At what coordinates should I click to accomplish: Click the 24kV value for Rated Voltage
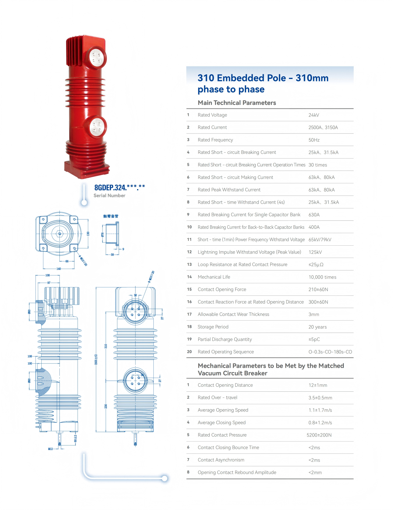pos(314,115)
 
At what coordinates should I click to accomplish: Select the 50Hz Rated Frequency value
pos(314,140)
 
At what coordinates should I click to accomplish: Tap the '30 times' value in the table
pos(318,165)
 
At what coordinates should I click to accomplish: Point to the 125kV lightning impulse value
pos(315,252)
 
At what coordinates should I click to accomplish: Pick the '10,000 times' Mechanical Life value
pos(323,277)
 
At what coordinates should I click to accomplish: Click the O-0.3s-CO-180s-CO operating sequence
pos(330,352)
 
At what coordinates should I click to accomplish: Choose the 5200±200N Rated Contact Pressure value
pos(319,435)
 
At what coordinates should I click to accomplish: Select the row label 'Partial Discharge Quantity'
pos(225,340)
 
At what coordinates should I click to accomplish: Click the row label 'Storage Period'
pos(213,327)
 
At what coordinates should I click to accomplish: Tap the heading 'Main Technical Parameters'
pos(237,103)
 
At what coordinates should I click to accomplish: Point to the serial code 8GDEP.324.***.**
pos(120,187)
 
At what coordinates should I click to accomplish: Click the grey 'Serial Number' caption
pos(109,196)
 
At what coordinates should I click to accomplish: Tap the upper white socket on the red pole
pos(96,57)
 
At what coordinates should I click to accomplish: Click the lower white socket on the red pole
pos(97,127)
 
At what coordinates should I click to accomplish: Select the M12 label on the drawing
pos(50,449)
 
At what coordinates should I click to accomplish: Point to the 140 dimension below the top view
pos(59,269)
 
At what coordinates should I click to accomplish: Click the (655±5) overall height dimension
pos(96,359)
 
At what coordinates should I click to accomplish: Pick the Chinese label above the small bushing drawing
pos(111,216)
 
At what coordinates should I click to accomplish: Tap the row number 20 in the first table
pos(190,352)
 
